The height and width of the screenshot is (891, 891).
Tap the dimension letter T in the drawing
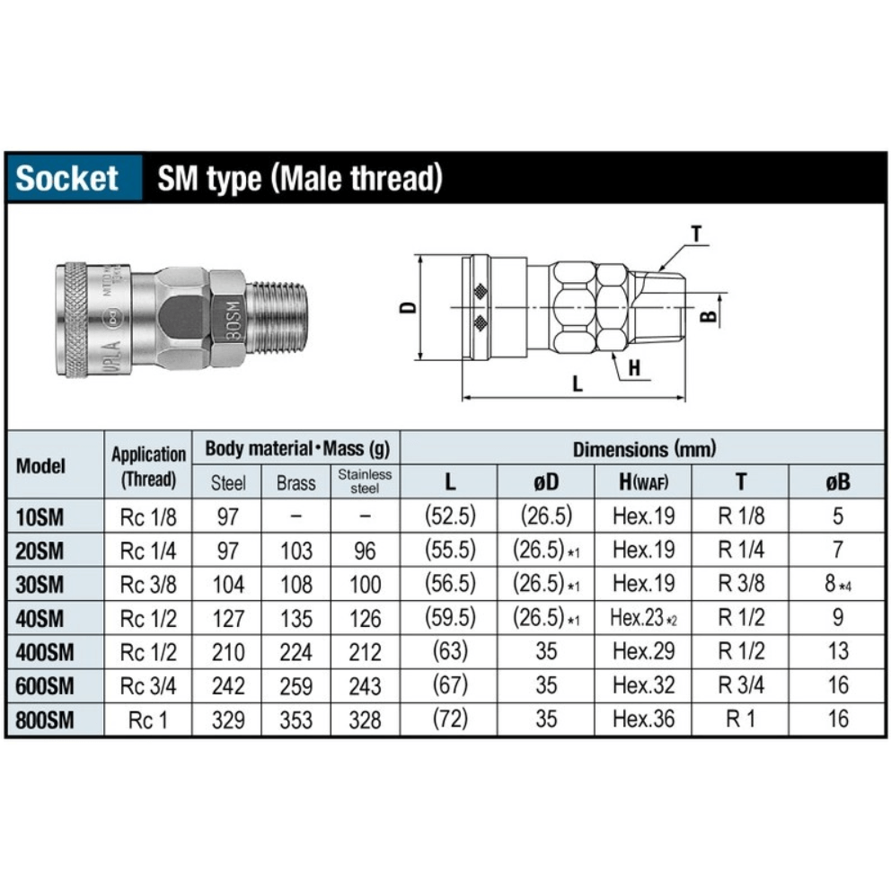(x=697, y=234)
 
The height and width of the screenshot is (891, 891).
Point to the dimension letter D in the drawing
(x=409, y=307)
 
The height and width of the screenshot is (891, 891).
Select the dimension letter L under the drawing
(x=578, y=384)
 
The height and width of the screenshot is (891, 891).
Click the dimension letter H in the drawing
(x=634, y=367)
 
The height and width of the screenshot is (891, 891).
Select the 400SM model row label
(x=45, y=652)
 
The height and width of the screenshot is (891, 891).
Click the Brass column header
(x=296, y=483)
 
